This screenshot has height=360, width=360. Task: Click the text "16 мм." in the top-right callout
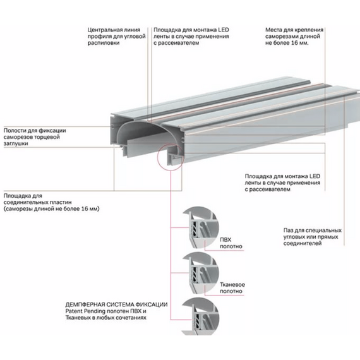click(300, 43)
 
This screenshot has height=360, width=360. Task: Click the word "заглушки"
click(16, 144)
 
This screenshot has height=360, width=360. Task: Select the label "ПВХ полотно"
click(231, 243)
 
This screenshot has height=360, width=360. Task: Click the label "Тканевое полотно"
click(232, 288)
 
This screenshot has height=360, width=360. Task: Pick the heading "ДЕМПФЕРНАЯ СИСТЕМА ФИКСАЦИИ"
click(116, 304)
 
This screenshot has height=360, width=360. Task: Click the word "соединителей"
click(303, 244)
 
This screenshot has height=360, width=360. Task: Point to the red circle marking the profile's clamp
click(158, 157)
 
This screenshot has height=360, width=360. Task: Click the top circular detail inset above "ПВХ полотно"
click(200, 227)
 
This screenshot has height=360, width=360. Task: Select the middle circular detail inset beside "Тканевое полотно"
click(200, 273)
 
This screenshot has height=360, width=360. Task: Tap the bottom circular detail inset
click(200, 316)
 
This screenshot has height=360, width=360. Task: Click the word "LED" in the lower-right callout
click(315, 177)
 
